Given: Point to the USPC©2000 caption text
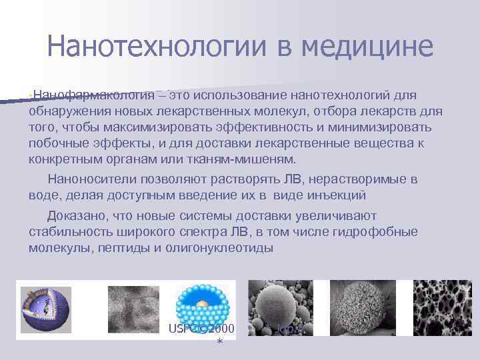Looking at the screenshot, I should tap(201, 329).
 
